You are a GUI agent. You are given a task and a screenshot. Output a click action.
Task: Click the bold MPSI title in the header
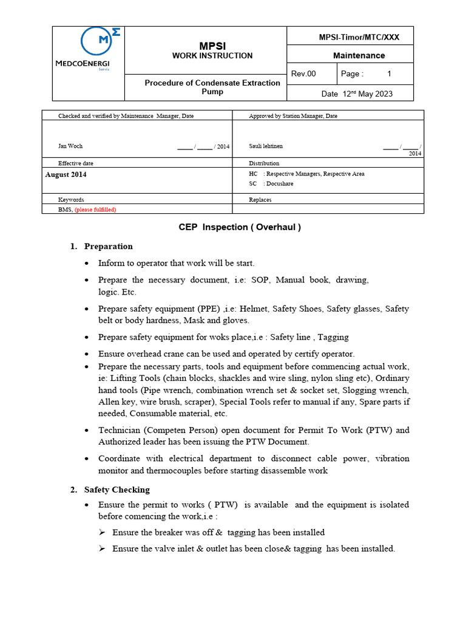(x=212, y=46)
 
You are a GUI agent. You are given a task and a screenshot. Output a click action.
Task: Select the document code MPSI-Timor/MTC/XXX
(x=359, y=37)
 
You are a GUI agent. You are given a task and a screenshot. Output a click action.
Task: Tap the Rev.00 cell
(x=304, y=74)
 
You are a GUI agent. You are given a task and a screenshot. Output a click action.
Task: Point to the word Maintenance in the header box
(x=359, y=55)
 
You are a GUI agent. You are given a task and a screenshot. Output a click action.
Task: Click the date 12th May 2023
(x=357, y=94)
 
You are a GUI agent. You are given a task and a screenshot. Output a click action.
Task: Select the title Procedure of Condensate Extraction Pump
(x=212, y=87)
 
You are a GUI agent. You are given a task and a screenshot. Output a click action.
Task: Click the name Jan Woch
(x=70, y=146)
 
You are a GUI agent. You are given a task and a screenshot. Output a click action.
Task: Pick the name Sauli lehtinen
(x=266, y=146)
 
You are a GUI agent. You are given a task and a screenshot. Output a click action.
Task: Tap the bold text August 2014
(x=66, y=174)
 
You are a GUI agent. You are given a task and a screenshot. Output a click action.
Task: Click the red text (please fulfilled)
(x=95, y=210)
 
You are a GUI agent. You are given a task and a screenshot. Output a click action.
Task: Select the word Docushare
(x=279, y=183)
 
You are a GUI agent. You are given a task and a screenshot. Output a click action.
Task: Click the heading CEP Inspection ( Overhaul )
(x=240, y=227)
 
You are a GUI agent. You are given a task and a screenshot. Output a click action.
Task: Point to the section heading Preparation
(x=108, y=246)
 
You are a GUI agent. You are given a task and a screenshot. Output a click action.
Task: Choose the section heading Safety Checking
(x=116, y=490)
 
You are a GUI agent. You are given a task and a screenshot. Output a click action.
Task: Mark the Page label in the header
(x=352, y=74)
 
